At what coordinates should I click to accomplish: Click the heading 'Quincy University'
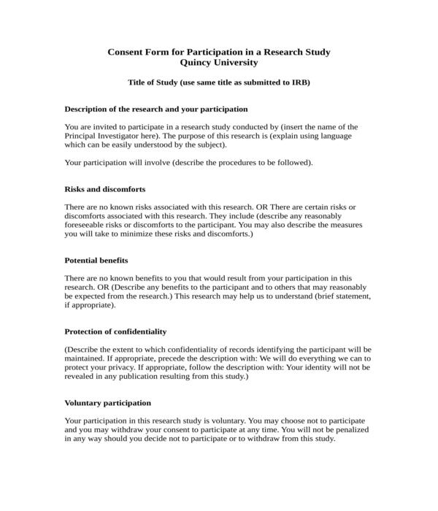coord(219,63)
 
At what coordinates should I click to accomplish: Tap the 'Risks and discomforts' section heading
coord(105,188)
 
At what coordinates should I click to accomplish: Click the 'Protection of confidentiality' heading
coord(115,331)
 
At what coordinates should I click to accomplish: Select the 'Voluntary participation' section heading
coord(108,402)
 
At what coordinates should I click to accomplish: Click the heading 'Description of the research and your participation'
coord(156,109)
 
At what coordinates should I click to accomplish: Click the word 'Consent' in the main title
coord(128,52)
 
